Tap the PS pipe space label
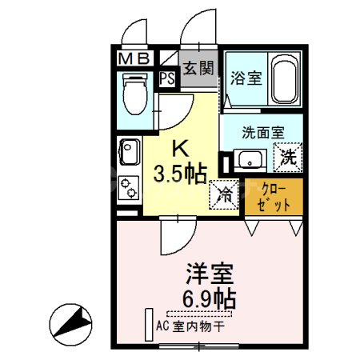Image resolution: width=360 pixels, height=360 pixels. [x=167, y=78]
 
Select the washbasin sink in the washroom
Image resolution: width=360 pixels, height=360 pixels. [x=251, y=158]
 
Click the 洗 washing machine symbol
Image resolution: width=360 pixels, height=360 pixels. [x=287, y=158]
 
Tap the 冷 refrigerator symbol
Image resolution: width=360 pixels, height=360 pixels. [x=225, y=194]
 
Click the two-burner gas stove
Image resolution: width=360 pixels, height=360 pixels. [x=128, y=189]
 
